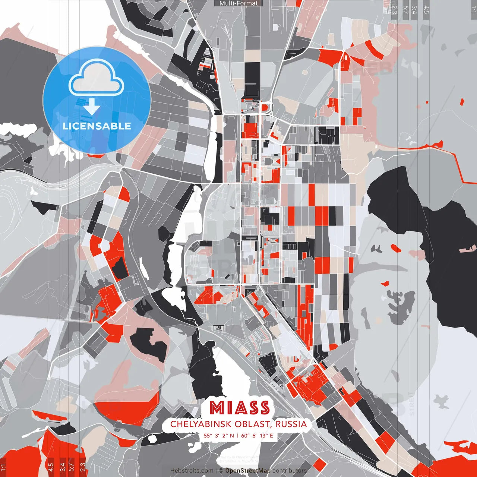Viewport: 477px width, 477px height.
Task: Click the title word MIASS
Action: coord(239,408)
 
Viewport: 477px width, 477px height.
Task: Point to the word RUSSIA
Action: coord(291,424)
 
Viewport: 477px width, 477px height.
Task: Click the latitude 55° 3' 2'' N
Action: coord(219,435)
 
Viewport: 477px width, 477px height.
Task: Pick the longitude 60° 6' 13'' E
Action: coord(257,435)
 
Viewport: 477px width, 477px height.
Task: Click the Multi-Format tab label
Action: coord(238,3)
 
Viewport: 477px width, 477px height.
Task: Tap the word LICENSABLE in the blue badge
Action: coord(97,126)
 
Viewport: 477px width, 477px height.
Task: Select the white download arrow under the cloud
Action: coord(92,107)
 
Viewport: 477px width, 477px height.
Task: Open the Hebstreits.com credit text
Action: coord(192,471)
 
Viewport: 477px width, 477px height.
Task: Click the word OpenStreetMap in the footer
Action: coord(248,471)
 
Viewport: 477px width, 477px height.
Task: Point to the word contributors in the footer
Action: coord(290,471)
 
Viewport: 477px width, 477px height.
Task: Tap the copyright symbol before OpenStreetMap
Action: coord(221,471)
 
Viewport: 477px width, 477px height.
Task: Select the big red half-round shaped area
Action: coord(127,408)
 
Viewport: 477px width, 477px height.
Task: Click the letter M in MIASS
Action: coord(216,408)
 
